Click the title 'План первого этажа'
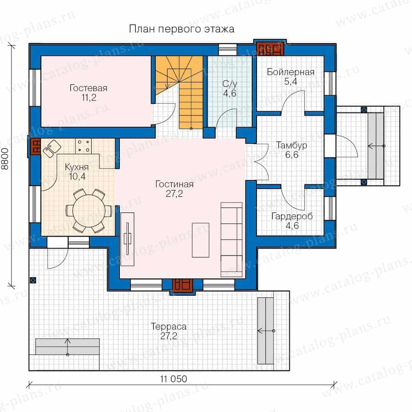(182, 29)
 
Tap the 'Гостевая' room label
(88, 88)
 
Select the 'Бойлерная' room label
(291, 72)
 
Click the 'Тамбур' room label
(292, 145)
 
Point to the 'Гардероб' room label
(292, 216)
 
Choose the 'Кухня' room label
(77, 167)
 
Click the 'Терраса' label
(168, 326)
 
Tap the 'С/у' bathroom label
(230, 84)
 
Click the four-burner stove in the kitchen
(83, 146)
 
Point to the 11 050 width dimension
(173, 379)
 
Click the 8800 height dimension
(5, 159)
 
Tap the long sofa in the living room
(232, 239)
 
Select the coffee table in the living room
(201, 240)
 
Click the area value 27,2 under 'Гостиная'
(174, 194)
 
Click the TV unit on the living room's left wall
(127, 239)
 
